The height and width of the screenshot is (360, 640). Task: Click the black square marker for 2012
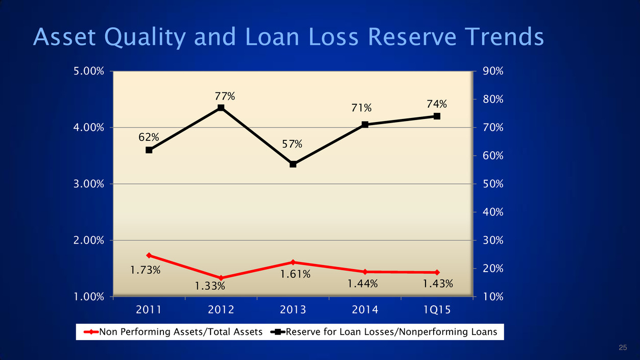click(221, 108)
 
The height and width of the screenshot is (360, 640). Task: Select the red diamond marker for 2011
click(149, 255)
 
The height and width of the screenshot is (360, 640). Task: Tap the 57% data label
click(293, 145)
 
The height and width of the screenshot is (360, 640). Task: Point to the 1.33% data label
click(210, 286)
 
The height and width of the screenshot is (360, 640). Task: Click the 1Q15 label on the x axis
click(437, 309)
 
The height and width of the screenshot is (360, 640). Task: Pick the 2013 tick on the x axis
click(293, 309)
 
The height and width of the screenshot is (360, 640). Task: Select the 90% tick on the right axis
click(493, 71)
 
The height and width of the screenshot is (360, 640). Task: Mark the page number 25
click(622, 348)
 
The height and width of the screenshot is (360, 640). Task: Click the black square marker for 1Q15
click(437, 116)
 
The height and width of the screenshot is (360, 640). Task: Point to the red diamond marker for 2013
click(293, 262)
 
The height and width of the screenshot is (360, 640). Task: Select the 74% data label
click(437, 104)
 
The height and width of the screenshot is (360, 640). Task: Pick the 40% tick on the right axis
click(493, 212)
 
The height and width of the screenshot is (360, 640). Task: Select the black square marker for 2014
click(365, 125)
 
